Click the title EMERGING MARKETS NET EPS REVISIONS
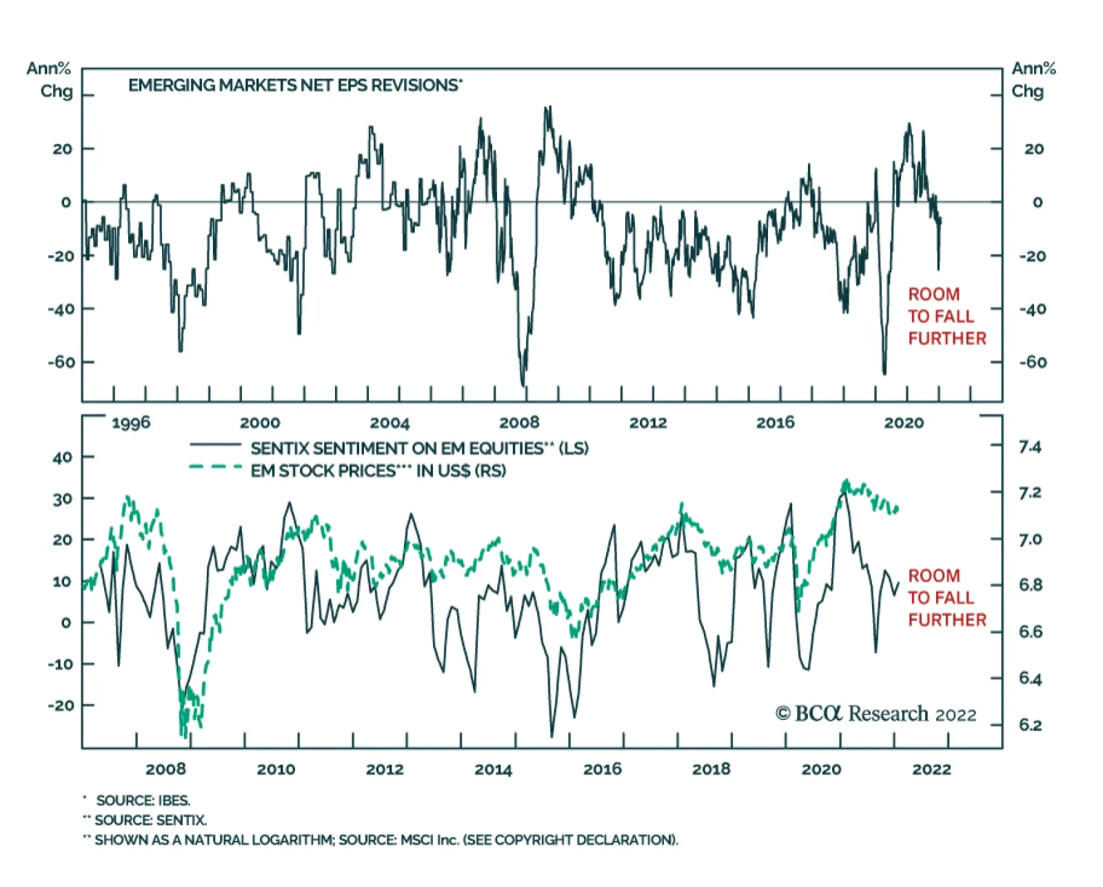click(294, 86)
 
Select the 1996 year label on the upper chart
click(131, 422)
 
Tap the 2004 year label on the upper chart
click(389, 422)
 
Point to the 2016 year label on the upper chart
click(776, 422)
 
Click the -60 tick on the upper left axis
click(61, 362)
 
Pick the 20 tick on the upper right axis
click(1033, 149)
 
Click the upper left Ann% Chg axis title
click(50, 80)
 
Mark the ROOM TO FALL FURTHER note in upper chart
click(946, 317)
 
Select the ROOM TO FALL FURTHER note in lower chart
click(946, 598)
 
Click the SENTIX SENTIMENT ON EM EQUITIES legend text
click(419, 448)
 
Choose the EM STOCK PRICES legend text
click(378, 471)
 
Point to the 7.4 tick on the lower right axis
click(1030, 447)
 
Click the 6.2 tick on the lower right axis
click(1030, 725)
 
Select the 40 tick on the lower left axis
click(62, 457)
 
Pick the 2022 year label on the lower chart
click(931, 769)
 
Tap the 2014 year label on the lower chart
click(494, 769)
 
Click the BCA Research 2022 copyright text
click(876, 714)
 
